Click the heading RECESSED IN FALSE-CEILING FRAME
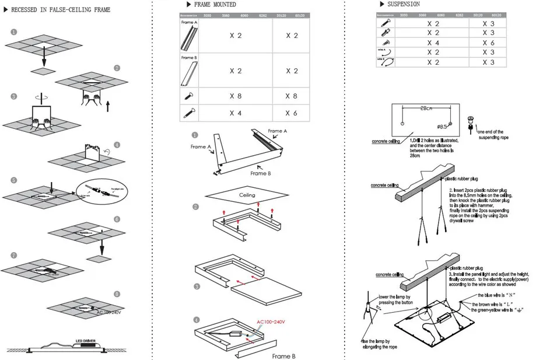61,11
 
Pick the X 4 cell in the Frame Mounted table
236,113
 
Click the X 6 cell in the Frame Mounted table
292,113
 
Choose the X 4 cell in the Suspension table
433,43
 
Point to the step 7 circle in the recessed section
13,256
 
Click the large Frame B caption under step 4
284,355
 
